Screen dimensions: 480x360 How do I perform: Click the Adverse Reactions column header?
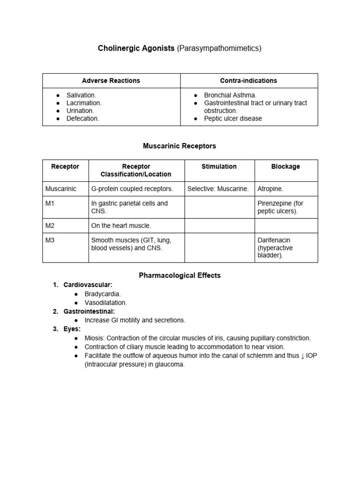pyautogui.click(x=111, y=81)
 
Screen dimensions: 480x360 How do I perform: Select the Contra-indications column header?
pyautogui.click(x=249, y=81)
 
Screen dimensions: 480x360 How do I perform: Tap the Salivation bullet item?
pyautogui.click(x=81, y=95)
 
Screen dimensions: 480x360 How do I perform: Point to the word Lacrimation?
pyautogui.click(x=84, y=103)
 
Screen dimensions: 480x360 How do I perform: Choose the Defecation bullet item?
pyautogui.click(x=83, y=119)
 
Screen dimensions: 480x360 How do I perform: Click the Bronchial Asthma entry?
pyautogui.click(x=230, y=95)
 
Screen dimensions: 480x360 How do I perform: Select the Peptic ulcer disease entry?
pyautogui.click(x=233, y=119)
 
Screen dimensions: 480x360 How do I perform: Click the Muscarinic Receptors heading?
pyautogui.click(x=180, y=146)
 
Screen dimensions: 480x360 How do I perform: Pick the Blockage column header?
pyautogui.click(x=285, y=166)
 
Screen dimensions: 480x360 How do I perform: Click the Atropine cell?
pyautogui.click(x=270, y=189)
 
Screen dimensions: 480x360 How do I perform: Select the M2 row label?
pyautogui.click(x=50, y=225)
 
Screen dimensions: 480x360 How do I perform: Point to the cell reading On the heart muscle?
pyautogui.click(x=121, y=225)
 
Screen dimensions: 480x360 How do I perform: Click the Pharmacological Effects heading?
pyautogui.click(x=180, y=276)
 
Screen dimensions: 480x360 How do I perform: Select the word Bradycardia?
pyautogui.click(x=103, y=294)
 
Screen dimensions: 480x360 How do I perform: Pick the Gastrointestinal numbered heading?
pyautogui.click(x=89, y=311)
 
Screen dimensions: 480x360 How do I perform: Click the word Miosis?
pyautogui.click(x=95, y=338)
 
